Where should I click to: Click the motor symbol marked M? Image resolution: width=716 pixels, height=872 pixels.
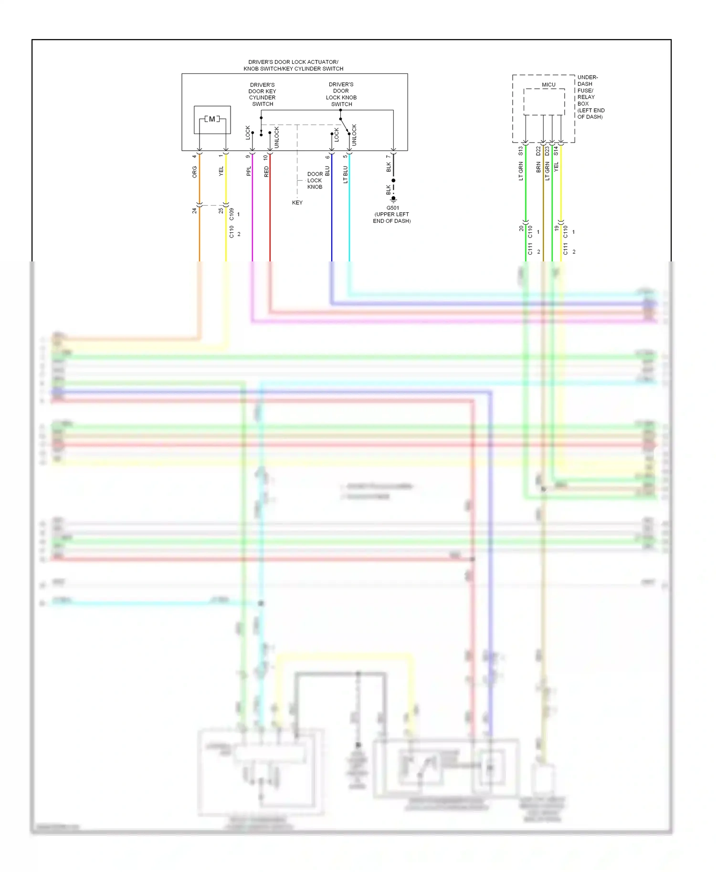pyautogui.click(x=212, y=119)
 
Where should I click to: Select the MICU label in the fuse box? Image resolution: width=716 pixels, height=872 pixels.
pyautogui.click(x=548, y=85)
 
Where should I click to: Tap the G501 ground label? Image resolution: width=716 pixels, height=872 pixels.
pyautogui.click(x=393, y=208)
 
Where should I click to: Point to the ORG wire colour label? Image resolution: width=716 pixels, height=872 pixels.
pyautogui.click(x=195, y=172)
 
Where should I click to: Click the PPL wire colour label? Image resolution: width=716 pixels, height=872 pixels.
pyautogui.click(x=249, y=171)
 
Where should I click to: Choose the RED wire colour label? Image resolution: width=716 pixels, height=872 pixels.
pyautogui.click(x=266, y=172)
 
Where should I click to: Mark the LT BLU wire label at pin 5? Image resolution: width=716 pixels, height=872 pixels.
pyautogui.click(x=346, y=175)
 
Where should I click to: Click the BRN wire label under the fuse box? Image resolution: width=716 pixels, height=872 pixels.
pyautogui.click(x=538, y=167)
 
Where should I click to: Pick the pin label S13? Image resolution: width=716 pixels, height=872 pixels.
pyautogui.click(x=521, y=151)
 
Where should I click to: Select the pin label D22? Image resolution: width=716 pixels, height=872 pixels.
pyautogui.click(x=538, y=151)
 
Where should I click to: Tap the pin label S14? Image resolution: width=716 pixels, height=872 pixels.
pyautogui.click(x=556, y=151)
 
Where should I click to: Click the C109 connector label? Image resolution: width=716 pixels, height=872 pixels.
pyautogui.click(x=232, y=214)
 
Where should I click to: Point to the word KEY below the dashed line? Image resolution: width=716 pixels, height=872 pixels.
pyautogui.click(x=297, y=203)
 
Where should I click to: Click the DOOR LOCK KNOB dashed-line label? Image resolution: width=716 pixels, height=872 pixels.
pyautogui.click(x=315, y=181)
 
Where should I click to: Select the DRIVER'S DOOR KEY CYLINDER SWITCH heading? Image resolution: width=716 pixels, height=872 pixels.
pyautogui.click(x=263, y=94)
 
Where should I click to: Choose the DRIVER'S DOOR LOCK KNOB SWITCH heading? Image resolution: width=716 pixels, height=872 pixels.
pyautogui.click(x=341, y=94)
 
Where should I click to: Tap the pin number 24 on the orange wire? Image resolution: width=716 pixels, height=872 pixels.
pyautogui.click(x=195, y=210)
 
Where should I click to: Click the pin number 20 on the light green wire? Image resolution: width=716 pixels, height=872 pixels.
pyautogui.click(x=521, y=228)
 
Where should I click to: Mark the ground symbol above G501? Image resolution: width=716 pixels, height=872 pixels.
pyautogui.click(x=393, y=199)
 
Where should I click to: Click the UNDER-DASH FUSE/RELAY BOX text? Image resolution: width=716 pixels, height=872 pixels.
pyautogui.click(x=590, y=97)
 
